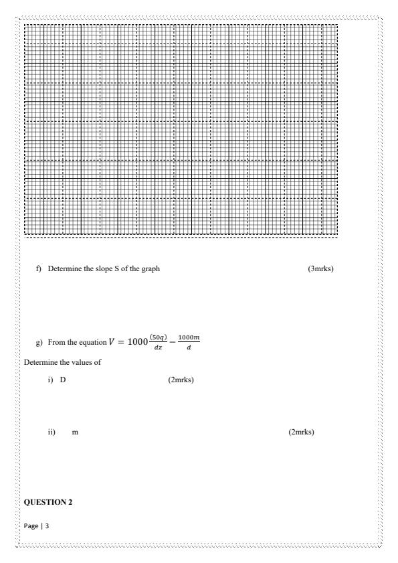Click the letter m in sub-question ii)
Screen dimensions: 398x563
(x=75, y=432)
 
